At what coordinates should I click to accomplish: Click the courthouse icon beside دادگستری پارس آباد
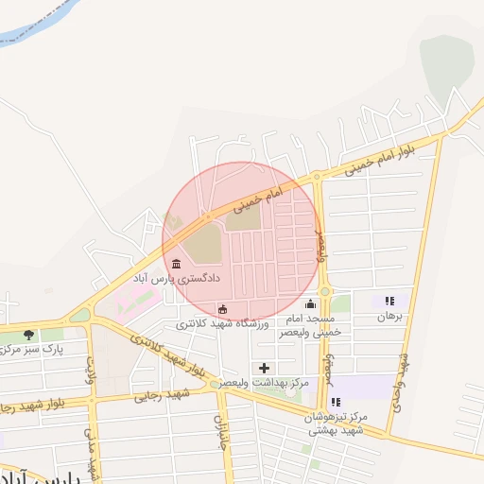pyautogui.click(x=178, y=263)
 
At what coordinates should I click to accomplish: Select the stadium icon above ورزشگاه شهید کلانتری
pyautogui.click(x=222, y=309)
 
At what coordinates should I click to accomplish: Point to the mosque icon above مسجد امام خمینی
pyautogui.click(x=311, y=303)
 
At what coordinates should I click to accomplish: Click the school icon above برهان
pyautogui.click(x=389, y=302)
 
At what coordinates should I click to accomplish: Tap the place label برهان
pyautogui.click(x=390, y=318)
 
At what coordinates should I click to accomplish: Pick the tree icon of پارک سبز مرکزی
pyautogui.click(x=28, y=334)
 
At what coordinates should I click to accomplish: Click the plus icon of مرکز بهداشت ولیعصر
pyautogui.click(x=264, y=368)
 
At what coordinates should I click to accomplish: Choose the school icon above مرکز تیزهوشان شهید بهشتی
pyautogui.click(x=337, y=402)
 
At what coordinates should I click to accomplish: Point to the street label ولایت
pyautogui.click(x=92, y=366)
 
